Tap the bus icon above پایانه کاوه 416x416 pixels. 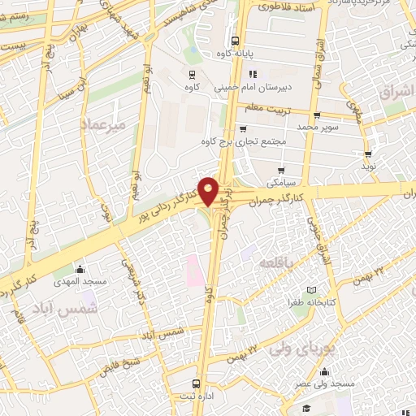pos(235,41)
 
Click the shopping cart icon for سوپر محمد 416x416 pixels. pos(316,115)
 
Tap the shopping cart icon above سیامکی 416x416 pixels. pos(281,171)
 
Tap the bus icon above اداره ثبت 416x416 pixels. pos(195,383)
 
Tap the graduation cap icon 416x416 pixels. pos(305,408)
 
